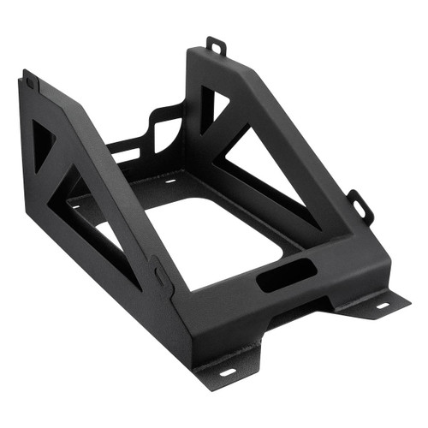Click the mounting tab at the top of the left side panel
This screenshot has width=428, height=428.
click(x=30, y=80)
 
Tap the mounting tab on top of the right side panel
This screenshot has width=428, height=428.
click(x=216, y=45)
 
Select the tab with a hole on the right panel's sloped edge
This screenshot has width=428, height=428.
click(x=360, y=205)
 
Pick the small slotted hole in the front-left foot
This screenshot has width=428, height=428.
click(x=227, y=372)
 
